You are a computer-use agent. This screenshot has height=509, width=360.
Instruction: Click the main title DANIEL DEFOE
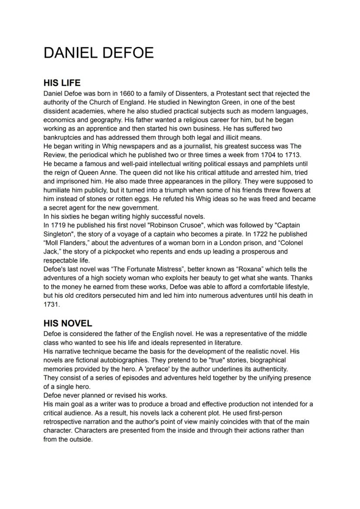[x=99, y=53]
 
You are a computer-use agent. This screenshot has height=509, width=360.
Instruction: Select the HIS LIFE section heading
[x=62, y=83]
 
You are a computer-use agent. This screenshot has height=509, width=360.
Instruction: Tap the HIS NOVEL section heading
[x=68, y=323]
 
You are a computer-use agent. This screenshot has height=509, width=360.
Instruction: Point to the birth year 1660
[x=120, y=93]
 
